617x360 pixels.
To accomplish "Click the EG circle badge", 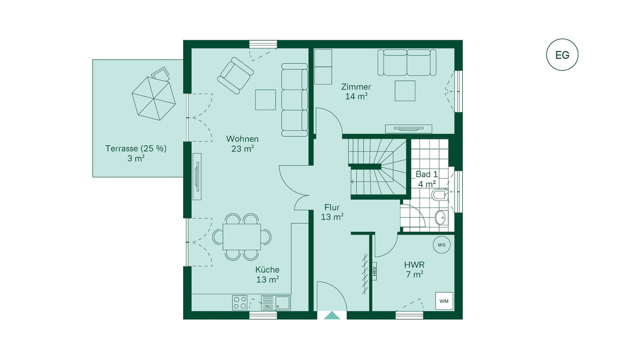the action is click(x=562, y=55).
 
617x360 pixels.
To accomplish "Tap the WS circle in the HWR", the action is click(x=442, y=245).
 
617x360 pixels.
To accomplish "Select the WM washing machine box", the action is click(x=444, y=301).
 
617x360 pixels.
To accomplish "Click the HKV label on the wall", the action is click(x=374, y=271).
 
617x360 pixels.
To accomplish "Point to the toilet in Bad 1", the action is click(x=438, y=194).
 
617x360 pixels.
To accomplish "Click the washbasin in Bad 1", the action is click(x=442, y=218).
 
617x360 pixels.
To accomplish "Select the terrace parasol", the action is click(x=154, y=98).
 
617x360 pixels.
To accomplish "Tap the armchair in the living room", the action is click(x=235, y=76).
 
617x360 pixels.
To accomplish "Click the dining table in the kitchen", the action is click(x=242, y=237).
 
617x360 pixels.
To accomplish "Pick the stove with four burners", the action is click(x=240, y=303).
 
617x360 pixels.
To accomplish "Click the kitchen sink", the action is click(x=276, y=303).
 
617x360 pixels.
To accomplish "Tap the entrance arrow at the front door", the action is click(x=332, y=315).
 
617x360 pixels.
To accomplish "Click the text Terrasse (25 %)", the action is click(x=136, y=149).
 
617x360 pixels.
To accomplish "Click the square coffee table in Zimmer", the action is click(x=405, y=91).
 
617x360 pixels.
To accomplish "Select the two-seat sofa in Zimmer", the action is click(x=407, y=63).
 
